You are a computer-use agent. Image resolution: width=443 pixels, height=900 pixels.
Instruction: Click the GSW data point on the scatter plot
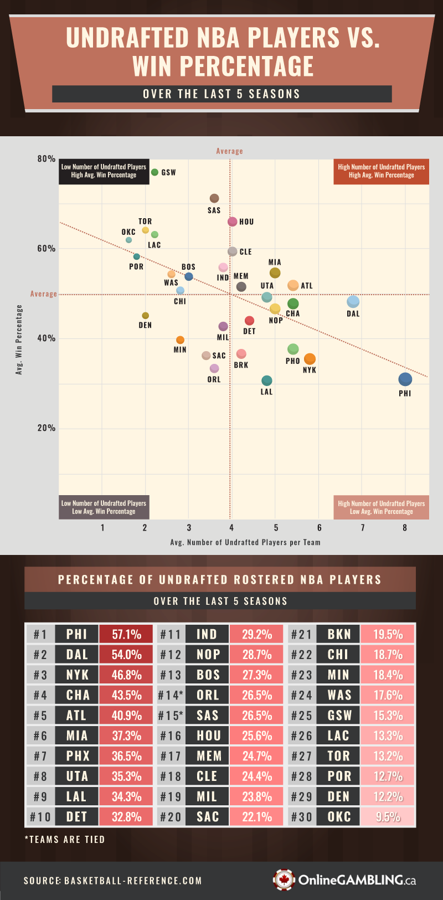pyautogui.click(x=155, y=172)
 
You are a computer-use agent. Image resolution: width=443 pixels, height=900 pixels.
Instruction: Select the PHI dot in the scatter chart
pyautogui.click(x=405, y=379)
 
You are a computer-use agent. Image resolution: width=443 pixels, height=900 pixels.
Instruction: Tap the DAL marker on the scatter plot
pyautogui.click(x=353, y=302)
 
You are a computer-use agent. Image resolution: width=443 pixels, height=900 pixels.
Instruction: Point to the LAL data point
pyautogui.click(x=267, y=380)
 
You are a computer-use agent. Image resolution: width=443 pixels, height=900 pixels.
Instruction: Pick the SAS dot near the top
pyautogui.click(x=214, y=198)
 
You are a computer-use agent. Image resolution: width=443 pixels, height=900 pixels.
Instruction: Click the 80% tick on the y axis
pyautogui.click(x=47, y=159)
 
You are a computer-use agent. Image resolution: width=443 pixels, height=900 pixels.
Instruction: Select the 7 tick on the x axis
pyautogui.click(x=363, y=527)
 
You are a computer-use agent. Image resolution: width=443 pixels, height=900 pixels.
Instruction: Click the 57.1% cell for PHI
pyautogui.click(x=126, y=634)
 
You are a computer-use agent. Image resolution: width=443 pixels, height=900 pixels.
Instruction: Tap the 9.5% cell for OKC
pyautogui.click(x=388, y=817)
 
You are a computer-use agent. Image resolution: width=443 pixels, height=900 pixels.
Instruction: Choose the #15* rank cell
pyautogui.click(x=171, y=716)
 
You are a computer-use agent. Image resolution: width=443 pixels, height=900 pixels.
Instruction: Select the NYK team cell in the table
pyautogui.click(x=77, y=675)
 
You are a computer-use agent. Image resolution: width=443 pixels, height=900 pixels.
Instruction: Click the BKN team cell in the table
pyautogui.click(x=338, y=634)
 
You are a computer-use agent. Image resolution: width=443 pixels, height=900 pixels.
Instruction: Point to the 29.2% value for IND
pyautogui.click(x=257, y=634)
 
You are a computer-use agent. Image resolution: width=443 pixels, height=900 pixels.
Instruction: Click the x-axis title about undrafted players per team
pyautogui.click(x=245, y=542)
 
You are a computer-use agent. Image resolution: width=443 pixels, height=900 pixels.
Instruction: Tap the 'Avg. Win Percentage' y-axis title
pyautogui.click(x=19, y=340)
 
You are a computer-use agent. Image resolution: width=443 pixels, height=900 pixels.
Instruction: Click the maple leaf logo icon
pyautogui.click(x=283, y=880)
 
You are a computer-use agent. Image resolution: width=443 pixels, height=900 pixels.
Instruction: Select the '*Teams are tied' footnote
pyautogui.click(x=65, y=840)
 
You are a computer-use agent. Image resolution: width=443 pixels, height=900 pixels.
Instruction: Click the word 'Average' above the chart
pyautogui.click(x=229, y=151)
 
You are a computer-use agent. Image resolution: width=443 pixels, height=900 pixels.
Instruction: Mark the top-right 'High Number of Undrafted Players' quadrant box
pyautogui.click(x=381, y=171)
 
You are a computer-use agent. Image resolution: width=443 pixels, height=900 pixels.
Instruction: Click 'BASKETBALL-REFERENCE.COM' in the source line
pyautogui.click(x=133, y=881)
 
